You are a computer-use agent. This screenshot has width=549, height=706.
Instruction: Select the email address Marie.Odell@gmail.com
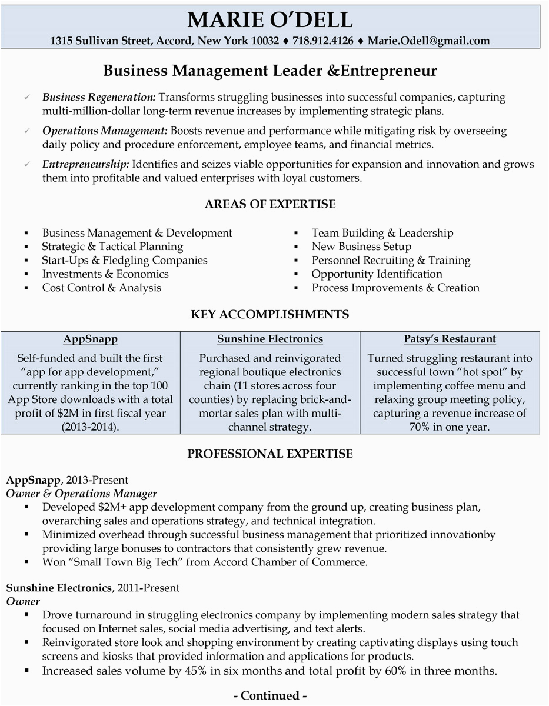pyautogui.click(x=428, y=41)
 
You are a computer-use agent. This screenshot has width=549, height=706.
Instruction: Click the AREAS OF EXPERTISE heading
pyautogui.click(x=270, y=204)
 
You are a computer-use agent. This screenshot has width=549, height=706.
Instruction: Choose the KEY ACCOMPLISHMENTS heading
pyautogui.click(x=270, y=314)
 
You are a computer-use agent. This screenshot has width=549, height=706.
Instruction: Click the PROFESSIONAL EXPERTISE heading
pyautogui.click(x=270, y=453)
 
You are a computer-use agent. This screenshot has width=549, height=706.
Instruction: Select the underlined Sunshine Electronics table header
pyautogui.click(x=270, y=339)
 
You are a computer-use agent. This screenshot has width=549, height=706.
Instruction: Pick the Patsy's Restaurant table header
pyautogui.click(x=450, y=339)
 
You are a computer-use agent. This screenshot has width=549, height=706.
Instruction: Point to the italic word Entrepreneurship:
pyautogui.click(x=86, y=165)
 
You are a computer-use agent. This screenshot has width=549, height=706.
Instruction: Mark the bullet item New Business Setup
pyautogui.click(x=361, y=247)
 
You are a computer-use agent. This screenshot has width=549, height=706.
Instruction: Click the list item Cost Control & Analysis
pyautogui.click(x=101, y=288)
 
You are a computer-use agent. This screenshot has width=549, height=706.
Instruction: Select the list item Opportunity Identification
pyautogui.click(x=377, y=274)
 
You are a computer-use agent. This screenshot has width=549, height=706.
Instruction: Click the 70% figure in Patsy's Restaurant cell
pyautogui.click(x=421, y=427)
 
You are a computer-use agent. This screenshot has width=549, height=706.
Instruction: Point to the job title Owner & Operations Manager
pyautogui.click(x=81, y=494)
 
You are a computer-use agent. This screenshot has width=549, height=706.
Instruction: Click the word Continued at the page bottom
pyautogui.click(x=270, y=696)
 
